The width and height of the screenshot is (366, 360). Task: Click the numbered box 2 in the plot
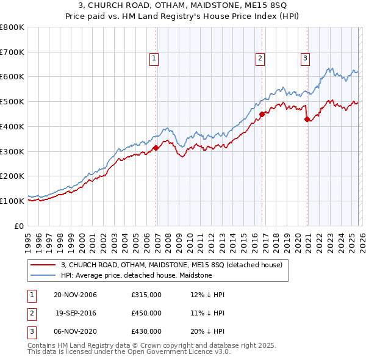(x=260, y=59)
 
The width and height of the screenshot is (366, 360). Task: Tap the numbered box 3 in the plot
(x=304, y=59)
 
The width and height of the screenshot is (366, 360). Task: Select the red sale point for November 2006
(x=156, y=147)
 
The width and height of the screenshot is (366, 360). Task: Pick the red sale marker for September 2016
(x=262, y=113)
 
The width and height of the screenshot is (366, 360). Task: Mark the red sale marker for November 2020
(x=307, y=119)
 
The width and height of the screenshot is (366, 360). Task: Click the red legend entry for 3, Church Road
(x=171, y=265)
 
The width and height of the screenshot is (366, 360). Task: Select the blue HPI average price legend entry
(x=136, y=275)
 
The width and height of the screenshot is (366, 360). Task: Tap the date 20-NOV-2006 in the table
(x=75, y=295)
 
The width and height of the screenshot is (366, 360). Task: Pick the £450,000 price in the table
(x=146, y=313)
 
